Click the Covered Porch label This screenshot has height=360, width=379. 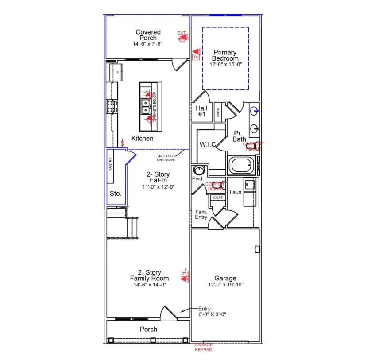(148, 35)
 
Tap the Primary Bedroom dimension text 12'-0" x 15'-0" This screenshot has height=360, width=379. (225, 64)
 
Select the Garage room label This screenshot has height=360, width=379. (225, 279)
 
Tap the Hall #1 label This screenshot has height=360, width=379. (201, 111)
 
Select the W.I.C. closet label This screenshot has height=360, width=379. (207, 144)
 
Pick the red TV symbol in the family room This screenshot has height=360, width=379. (185, 275)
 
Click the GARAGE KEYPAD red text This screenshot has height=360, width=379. (204, 347)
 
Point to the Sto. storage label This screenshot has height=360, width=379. (115, 194)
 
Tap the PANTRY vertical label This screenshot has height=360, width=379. (111, 165)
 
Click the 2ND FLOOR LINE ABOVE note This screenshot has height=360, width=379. (166, 158)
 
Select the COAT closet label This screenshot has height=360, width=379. (217, 197)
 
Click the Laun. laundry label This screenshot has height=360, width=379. (236, 192)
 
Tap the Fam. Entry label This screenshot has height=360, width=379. (201, 214)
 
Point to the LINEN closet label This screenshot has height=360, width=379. (218, 112)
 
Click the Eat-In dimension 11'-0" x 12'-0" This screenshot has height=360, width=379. (159, 187)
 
